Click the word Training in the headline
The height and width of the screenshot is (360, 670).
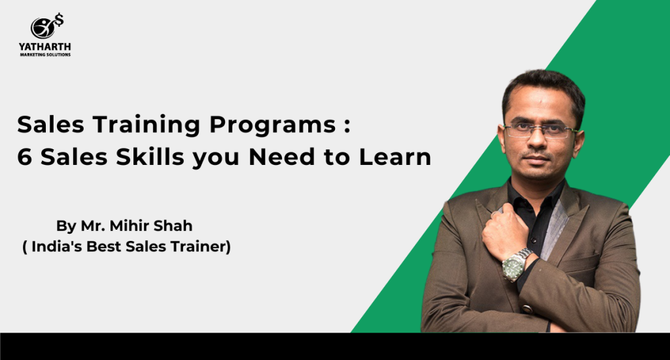[x=147, y=125]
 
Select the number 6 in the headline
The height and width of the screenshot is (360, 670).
[x=25, y=157]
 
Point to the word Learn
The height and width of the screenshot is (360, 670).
[x=395, y=157]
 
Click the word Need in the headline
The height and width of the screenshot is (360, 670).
[x=283, y=157]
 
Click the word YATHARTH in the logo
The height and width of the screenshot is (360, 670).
[x=45, y=46]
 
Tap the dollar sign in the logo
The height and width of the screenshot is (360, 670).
[x=59, y=20]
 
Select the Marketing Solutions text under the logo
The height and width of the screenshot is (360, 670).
[x=45, y=55]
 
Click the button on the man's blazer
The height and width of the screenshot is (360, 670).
[x=527, y=309]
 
